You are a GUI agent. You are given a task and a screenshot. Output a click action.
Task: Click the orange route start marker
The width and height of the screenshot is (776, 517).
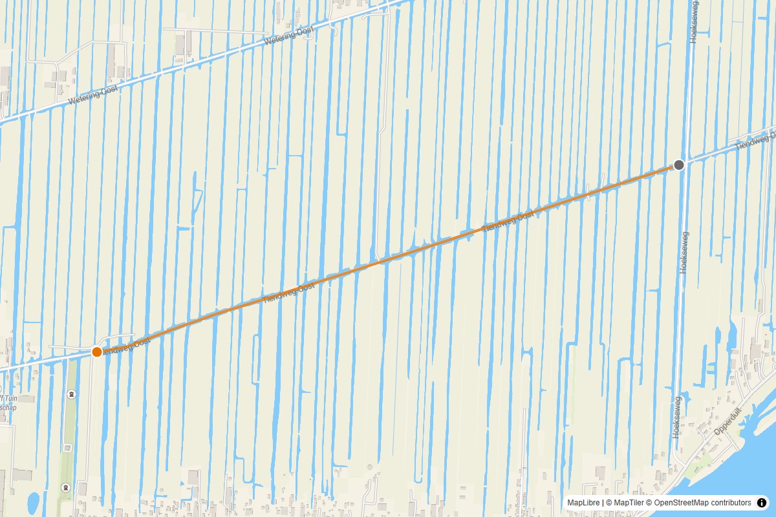click(97, 352)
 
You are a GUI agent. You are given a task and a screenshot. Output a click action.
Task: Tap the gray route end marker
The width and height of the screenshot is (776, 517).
click(679, 165)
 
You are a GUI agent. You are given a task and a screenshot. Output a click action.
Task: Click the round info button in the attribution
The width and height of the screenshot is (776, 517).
click(762, 503)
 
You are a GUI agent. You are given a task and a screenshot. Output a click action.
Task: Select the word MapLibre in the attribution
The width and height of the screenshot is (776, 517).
click(583, 503)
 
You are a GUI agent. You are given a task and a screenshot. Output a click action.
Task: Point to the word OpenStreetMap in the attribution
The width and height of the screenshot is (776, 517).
click(684, 503)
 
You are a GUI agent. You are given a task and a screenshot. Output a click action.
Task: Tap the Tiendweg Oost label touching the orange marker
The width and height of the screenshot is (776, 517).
click(128, 344)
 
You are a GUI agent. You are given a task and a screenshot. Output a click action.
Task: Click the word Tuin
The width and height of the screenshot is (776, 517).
click(9, 399)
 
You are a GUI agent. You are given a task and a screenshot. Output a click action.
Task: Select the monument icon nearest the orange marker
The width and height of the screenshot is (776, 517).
click(71, 394)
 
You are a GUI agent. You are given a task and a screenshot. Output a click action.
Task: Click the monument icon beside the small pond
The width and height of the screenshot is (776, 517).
click(65, 487)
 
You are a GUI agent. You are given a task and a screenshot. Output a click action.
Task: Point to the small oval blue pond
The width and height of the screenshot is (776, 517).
click(33, 501)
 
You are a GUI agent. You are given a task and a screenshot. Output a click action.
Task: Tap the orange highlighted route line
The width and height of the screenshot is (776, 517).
click(388, 258)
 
